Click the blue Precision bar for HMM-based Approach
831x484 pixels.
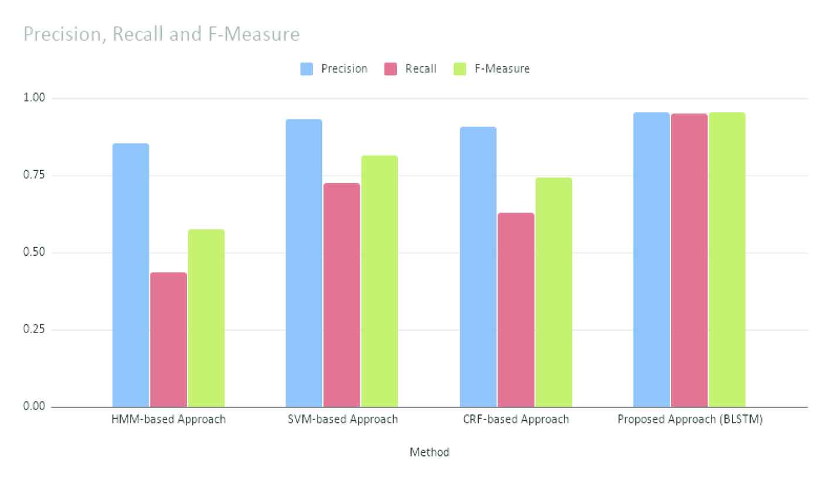(131, 275)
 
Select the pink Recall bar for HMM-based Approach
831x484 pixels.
(168, 339)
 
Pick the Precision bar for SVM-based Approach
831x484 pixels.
(304, 263)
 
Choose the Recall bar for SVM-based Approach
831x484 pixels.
(342, 295)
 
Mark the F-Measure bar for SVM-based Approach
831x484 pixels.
(379, 281)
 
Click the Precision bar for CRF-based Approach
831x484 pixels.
(478, 267)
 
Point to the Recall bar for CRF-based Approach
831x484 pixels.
(516, 310)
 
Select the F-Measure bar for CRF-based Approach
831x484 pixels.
(553, 292)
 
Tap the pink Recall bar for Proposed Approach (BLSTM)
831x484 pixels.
(689, 260)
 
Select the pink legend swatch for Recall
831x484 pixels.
(391, 69)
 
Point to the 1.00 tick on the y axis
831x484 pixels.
(35, 98)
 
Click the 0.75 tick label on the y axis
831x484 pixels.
(35, 176)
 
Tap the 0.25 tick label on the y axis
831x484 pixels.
(35, 329)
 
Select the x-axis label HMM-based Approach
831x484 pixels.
(168, 420)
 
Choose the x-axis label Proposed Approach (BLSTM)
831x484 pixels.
(690, 420)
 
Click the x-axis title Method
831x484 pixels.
(430, 452)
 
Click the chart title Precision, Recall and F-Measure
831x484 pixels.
(162, 35)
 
